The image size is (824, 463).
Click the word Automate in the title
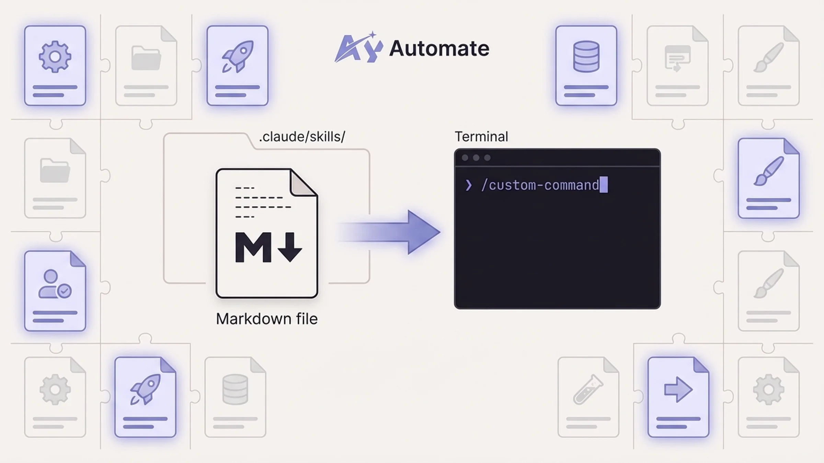pyautogui.click(x=439, y=48)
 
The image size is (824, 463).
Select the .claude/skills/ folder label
pyautogui.click(x=302, y=137)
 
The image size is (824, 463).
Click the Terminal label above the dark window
pyautogui.click(x=481, y=137)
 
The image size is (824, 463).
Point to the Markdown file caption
pyautogui.click(x=266, y=319)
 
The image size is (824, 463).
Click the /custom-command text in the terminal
pyautogui.click(x=540, y=186)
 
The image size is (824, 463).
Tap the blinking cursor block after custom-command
pyautogui.click(x=604, y=185)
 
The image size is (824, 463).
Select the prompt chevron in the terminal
pyautogui.click(x=469, y=186)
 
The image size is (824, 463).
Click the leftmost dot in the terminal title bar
pyautogui.click(x=465, y=158)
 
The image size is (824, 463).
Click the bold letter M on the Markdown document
pyautogui.click(x=253, y=247)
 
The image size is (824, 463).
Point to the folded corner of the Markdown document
pyautogui.click(x=303, y=183)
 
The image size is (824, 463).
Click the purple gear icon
pyautogui.click(x=55, y=57)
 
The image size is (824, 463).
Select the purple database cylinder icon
pyautogui.click(x=586, y=57)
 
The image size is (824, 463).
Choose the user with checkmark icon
pyautogui.click(x=55, y=284)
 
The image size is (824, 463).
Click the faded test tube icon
pyautogui.click(x=588, y=390)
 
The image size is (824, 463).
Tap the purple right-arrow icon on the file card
pyautogui.click(x=678, y=390)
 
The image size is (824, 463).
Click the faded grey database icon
pyautogui.click(x=235, y=390)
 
